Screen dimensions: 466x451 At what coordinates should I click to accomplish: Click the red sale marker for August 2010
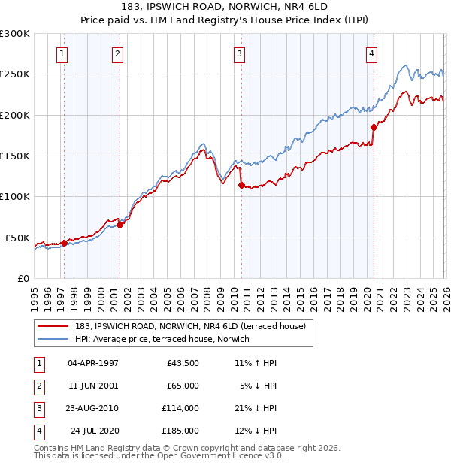[x=241, y=185]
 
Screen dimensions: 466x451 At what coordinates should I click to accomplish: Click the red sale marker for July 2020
[x=374, y=127]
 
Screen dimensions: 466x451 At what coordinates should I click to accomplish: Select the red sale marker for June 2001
[x=120, y=225]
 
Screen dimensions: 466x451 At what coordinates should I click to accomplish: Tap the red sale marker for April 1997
[x=64, y=242]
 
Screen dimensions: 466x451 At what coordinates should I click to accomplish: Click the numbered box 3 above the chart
[x=239, y=53]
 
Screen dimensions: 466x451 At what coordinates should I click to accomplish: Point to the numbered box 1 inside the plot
[x=62, y=53]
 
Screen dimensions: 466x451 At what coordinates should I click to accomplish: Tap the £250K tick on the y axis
[x=15, y=74]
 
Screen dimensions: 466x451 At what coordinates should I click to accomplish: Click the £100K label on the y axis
[x=15, y=196]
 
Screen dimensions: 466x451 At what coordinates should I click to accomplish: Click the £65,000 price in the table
[x=182, y=386]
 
